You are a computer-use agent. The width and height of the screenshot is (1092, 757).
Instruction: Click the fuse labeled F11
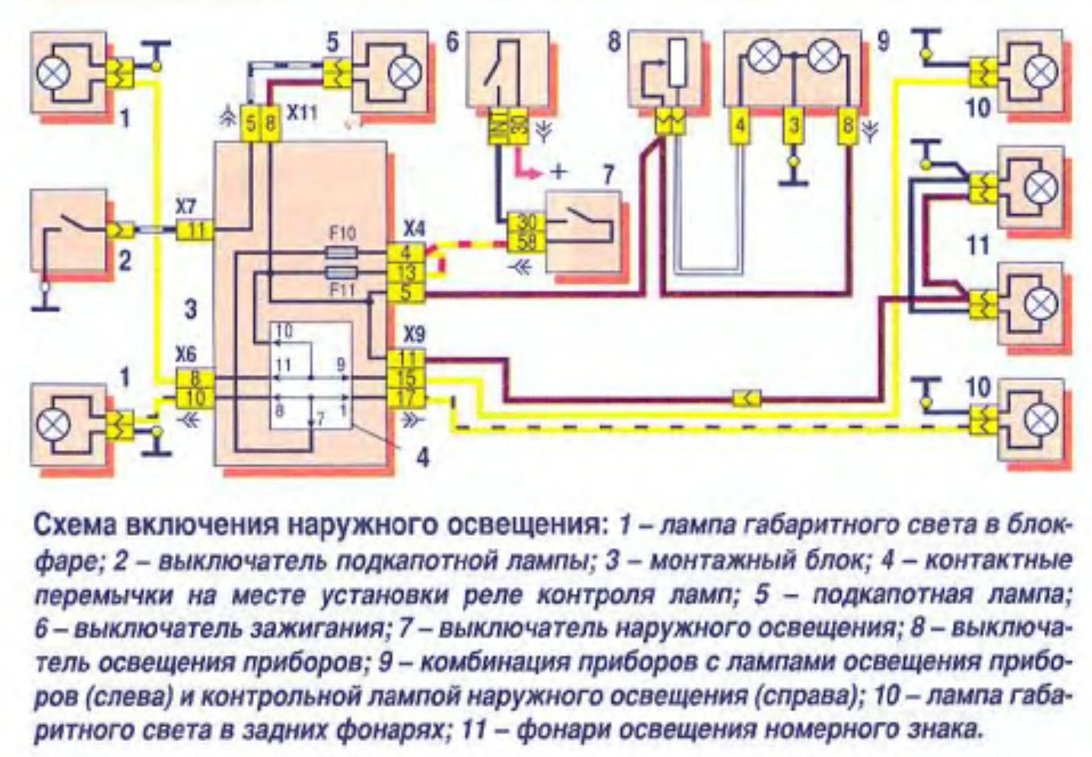point(342,273)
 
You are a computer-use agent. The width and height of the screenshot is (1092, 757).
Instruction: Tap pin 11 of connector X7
point(195,229)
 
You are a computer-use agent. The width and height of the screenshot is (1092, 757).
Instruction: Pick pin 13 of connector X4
point(407,273)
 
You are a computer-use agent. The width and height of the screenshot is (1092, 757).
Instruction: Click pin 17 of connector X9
point(407,396)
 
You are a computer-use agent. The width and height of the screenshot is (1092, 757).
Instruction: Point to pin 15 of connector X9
point(407,377)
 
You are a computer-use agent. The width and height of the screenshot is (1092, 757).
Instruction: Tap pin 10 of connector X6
point(195,396)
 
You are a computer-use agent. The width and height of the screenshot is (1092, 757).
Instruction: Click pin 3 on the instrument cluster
point(794,125)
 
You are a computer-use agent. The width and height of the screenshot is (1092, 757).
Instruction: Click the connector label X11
point(302,113)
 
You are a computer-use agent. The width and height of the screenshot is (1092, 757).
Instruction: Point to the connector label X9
point(414,334)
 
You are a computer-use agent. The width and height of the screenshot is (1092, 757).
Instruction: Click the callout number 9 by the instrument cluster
point(882,40)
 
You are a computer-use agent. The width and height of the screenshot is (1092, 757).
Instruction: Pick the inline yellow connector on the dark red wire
point(748,397)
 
